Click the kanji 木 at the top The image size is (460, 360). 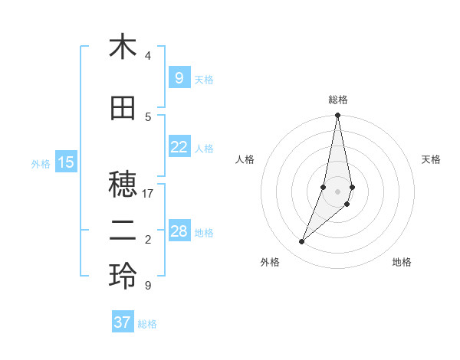[x=123, y=47]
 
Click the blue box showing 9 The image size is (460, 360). [x=179, y=77]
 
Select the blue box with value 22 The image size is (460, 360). [x=179, y=147]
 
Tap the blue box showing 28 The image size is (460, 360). [x=179, y=231]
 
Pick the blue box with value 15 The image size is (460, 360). [x=66, y=162]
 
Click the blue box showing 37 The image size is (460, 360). [x=123, y=322]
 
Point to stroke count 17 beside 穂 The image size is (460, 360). [x=148, y=194]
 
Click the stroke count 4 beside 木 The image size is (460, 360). [x=148, y=56]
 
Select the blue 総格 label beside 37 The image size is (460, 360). [x=147, y=324]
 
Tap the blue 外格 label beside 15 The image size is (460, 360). [x=41, y=163]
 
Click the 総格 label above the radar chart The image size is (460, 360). [x=338, y=100]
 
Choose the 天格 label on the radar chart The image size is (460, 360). [x=431, y=159]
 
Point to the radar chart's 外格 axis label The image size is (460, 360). [x=270, y=262]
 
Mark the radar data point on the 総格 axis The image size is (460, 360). [x=337, y=116]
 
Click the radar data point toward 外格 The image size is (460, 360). [x=302, y=242]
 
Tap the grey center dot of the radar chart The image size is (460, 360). [x=337, y=191]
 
